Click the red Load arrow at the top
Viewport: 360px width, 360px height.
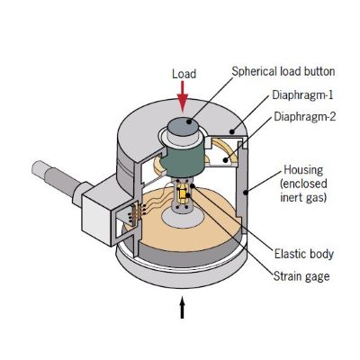[184, 92]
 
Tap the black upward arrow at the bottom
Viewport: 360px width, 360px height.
[184, 309]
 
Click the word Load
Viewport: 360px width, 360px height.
[184, 73]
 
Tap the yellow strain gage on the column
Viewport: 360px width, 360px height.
[185, 194]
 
